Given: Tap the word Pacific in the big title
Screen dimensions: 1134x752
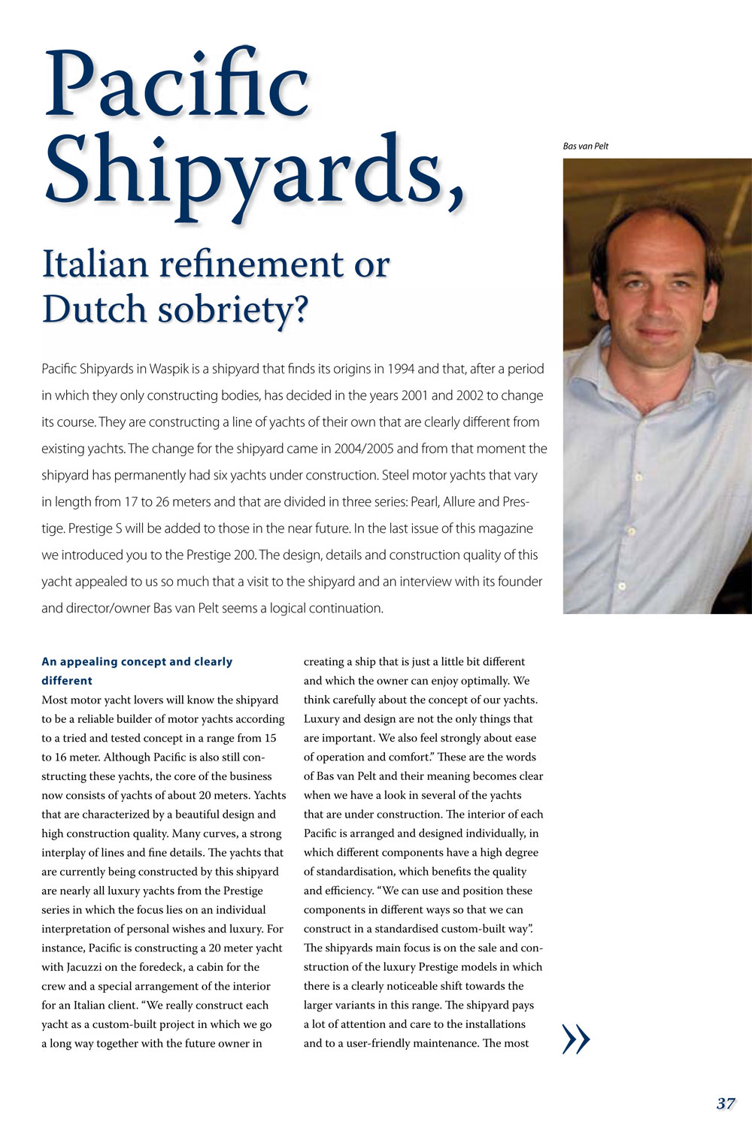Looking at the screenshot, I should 177,84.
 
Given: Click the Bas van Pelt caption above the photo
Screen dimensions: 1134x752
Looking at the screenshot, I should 585,146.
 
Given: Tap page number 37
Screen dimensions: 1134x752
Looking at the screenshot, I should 726,1104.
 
